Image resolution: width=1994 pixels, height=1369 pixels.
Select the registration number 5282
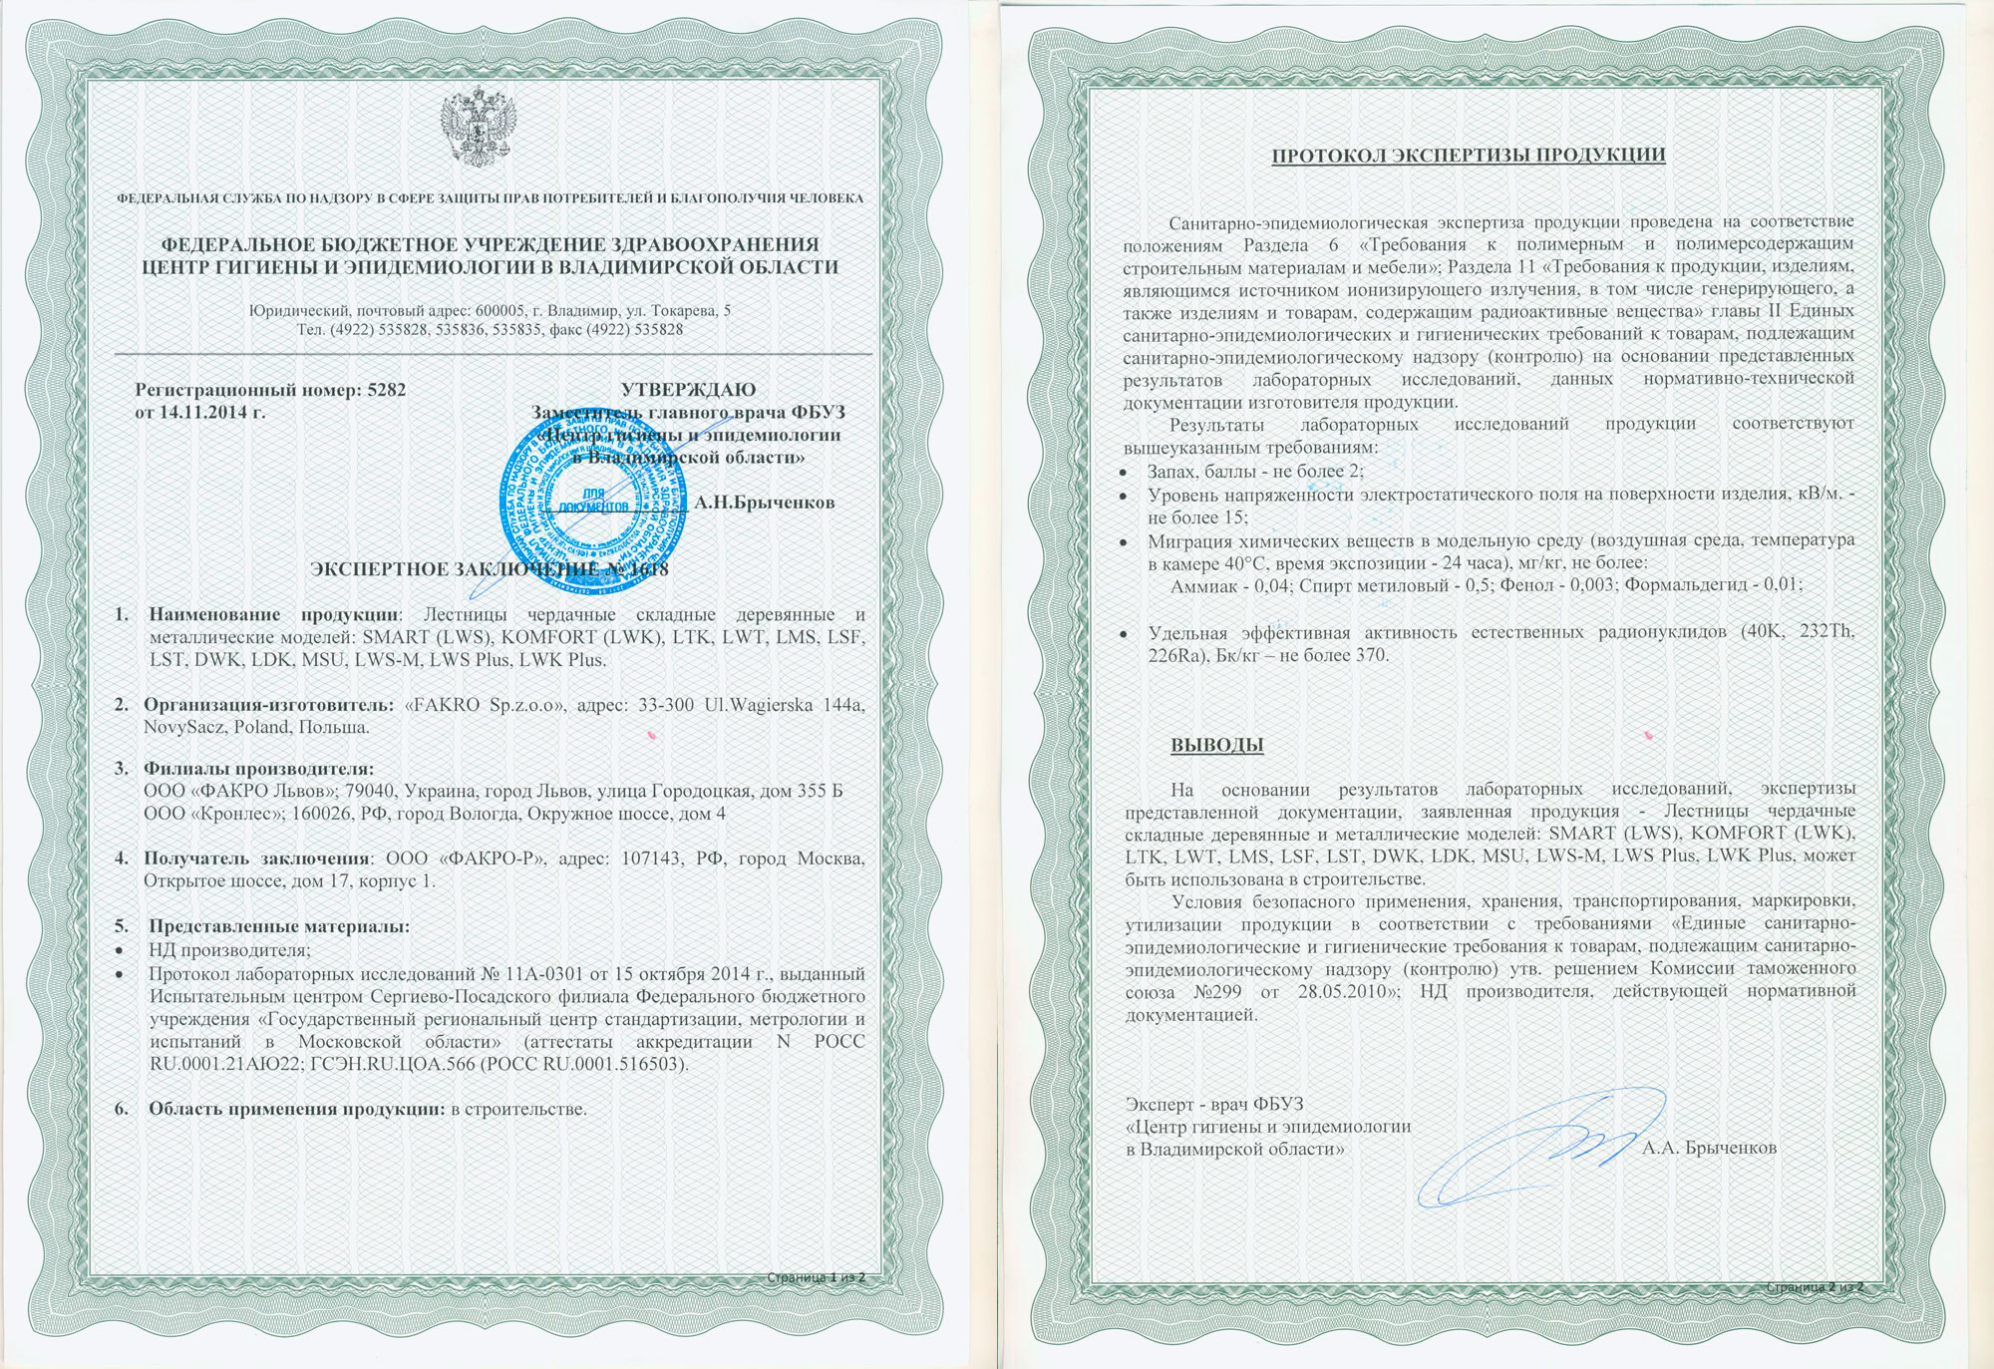tap(386, 390)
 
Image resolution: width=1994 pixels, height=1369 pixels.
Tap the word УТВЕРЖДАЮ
tap(688, 390)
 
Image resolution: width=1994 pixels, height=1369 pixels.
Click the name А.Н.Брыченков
tap(765, 503)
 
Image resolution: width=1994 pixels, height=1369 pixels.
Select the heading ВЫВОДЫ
tap(1216, 745)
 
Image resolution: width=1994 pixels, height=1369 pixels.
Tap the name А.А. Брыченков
tap(1709, 1148)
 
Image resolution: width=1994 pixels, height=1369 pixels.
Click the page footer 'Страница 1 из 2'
tap(817, 1277)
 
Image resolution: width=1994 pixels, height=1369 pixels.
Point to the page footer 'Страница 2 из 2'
tap(1814, 1287)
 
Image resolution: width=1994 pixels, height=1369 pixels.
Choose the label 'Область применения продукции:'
tap(296, 1109)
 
